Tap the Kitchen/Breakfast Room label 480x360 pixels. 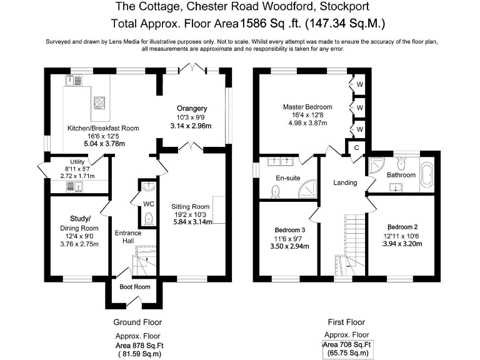pos(103,128)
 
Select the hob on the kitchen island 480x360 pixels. pos(100,102)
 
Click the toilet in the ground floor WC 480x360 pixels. pos(148,218)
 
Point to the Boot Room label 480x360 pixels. pos(135,287)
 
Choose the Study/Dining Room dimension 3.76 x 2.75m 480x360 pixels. pos(79,244)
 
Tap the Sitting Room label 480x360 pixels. pos(192,206)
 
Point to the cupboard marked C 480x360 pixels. pos(356,147)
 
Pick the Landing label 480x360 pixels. pos(345,182)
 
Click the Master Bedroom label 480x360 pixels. pos(307,107)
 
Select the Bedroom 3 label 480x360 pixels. pos(291,229)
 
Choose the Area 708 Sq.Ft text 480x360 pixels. pos(347,345)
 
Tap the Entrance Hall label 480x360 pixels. pos(127,237)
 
